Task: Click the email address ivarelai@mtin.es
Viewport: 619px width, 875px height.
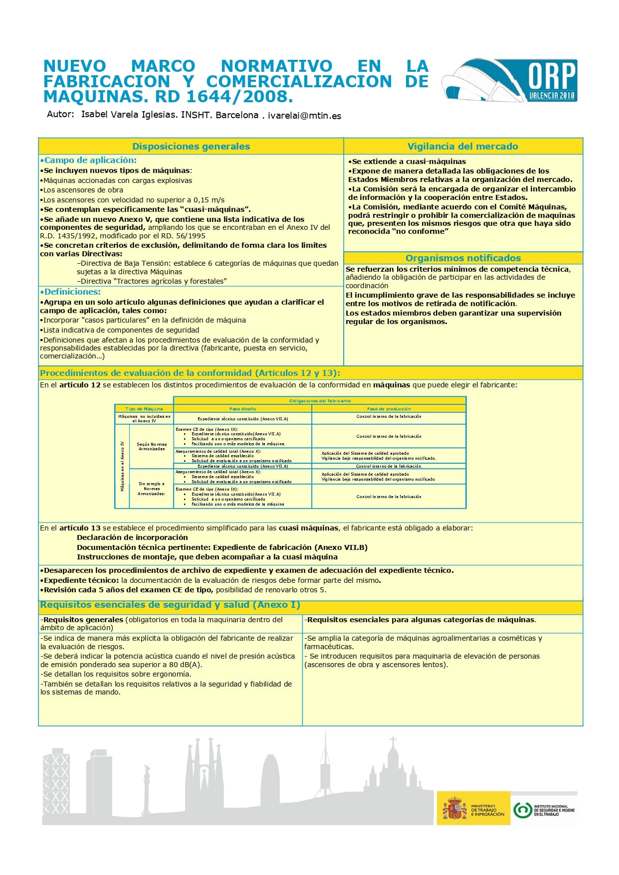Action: pyautogui.click(x=304, y=116)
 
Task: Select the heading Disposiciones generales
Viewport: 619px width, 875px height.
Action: pyautogui.click(x=191, y=147)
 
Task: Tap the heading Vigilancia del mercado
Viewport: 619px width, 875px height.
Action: pyautogui.click(x=462, y=147)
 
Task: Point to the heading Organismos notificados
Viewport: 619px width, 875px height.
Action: pyautogui.click(x=463, y=258)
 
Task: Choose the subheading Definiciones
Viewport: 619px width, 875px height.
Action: pyautogui.click(x=72, y=292)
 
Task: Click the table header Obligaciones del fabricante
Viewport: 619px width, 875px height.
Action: pyautogui.click(x=320, y=401)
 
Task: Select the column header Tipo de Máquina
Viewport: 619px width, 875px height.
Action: pyautogui.click(x=144, y=409)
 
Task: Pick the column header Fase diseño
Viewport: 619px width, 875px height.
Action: pyautogui.click(x=242, y=409)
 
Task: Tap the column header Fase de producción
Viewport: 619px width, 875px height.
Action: pyautogui.click(x=389, y=409)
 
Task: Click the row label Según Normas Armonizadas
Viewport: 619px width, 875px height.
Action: pyautogui.click(x=152, y=446)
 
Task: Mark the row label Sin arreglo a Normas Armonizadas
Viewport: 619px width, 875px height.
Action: pyautogui.click(x=152, y=489)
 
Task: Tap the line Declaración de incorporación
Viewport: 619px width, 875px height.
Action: pyautogui.click(x=132, y=537)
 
